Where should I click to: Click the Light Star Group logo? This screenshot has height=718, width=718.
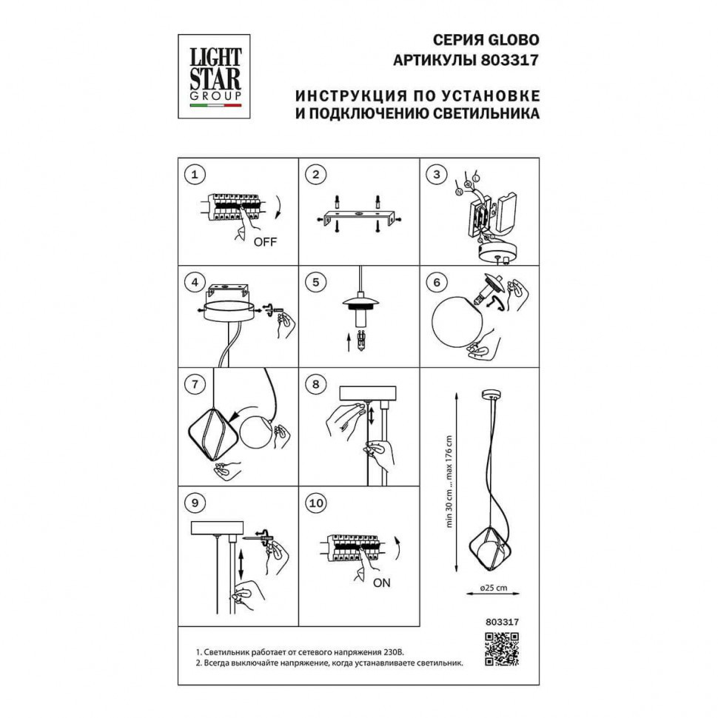pyautogui.click(x=214, y=76)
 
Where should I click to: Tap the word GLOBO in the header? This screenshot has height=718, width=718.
pyautogui.click(x=513, y=40)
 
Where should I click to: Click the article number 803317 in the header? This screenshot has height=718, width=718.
pyautogui.click(x=509, y=60)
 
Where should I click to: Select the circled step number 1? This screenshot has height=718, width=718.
pyautogui.click(x=195, y=175)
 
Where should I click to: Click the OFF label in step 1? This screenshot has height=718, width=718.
pyautogui.click(x=265, y=241)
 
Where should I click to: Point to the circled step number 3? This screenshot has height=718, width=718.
pyautogui.click(x=437, y=174)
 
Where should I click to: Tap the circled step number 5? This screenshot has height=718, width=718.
pyautogui.click(x=315, y=282)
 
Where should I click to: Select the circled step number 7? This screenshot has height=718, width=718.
pyautogui.click(x=195, y=383)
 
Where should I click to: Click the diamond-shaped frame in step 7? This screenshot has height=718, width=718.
pyautogui.click(x=189, y=433)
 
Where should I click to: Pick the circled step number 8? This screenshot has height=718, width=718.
pyautogui.click(x=315, y=383)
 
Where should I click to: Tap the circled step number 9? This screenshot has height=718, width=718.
pyautogui.click(x=195, y=503)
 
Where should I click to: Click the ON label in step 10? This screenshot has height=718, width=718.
pyautogui.click(x=381, y=583)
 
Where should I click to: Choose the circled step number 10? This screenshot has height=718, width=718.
pyautogui.click(x=316, y=503)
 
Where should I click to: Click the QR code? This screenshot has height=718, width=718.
pyautogui.click(x=502, y=649)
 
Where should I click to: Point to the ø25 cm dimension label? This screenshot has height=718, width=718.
pyautogui.click(x=493, y=588)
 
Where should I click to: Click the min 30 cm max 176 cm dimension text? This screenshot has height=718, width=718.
pyautogui.click(x=449, y=481)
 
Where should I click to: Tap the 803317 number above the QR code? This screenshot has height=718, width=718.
pyautogui.click(x=502, y=622)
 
